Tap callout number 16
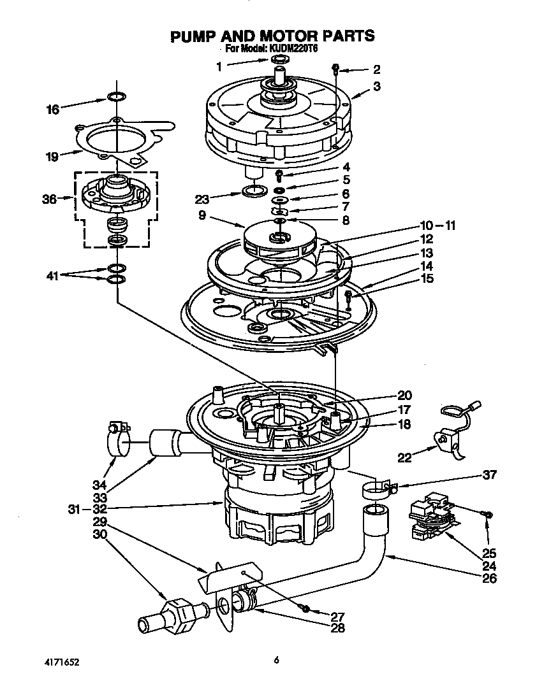pyautogui.click(x=53, y=110)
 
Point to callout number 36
pyautogui.click(x=50, y=199)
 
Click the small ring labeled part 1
pyautogui.click(x=279, y=60)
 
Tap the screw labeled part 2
pyautogui.click(x=335, y=68)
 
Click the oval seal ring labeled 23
pyautogui.click(x=256, y=191)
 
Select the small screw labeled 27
pyautogui.click(x=305, y=608)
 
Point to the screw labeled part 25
pyautogui.click(x=488, y=514)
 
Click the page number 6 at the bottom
pyautogui.click(x=275, y=661)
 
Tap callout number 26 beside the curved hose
pyautogui.click(x=489, y=579)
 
